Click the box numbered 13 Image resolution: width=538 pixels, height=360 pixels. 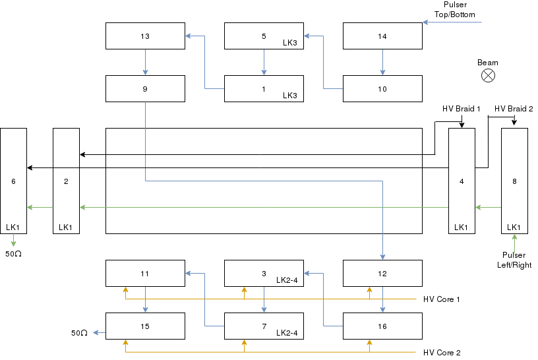point(145,36)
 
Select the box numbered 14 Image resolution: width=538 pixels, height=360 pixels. point(382,36)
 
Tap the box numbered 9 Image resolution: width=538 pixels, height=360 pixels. point(145,89)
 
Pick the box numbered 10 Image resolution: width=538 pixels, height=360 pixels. point(382,89)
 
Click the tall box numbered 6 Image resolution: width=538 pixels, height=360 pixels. point(13,181)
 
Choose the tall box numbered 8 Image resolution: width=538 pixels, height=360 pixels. point(514,181)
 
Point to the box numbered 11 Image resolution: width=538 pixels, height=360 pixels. point(145,274)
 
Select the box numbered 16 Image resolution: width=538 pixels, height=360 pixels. point(382,326)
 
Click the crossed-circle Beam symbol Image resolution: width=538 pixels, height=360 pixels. point(488,76)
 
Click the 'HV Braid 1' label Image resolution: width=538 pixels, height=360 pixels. point(462,109)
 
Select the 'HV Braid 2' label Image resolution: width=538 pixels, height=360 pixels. point(514,109)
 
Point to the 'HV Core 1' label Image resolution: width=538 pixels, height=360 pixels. point(441,299)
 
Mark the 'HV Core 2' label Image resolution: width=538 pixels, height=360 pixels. point(441,353)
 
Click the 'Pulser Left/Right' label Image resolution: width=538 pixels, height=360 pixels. point(514,260)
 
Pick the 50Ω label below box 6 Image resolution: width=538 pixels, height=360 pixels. point(14,254)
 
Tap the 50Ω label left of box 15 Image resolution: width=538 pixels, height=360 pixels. point(79,333)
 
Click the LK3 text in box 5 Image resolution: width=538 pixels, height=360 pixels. point(290,43)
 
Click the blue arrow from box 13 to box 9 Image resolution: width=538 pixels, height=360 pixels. point(145,62)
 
